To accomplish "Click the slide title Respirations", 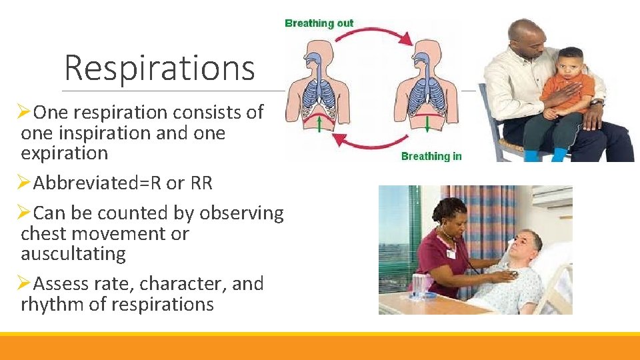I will pyautogui.click(x=159, y=67).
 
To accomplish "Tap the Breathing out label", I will pyautogui.click(x=319, y=23).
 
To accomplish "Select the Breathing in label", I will pyautogui.click(x=431, y=156).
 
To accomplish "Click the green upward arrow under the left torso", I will pyautogui.click(x=319, y=124).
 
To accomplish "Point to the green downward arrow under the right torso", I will pyautogui.click(x=427, y=124).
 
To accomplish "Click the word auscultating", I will pyautogui.click(x=73, y=254).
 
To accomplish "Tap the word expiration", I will pyautogui.click(x=64, y=153).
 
